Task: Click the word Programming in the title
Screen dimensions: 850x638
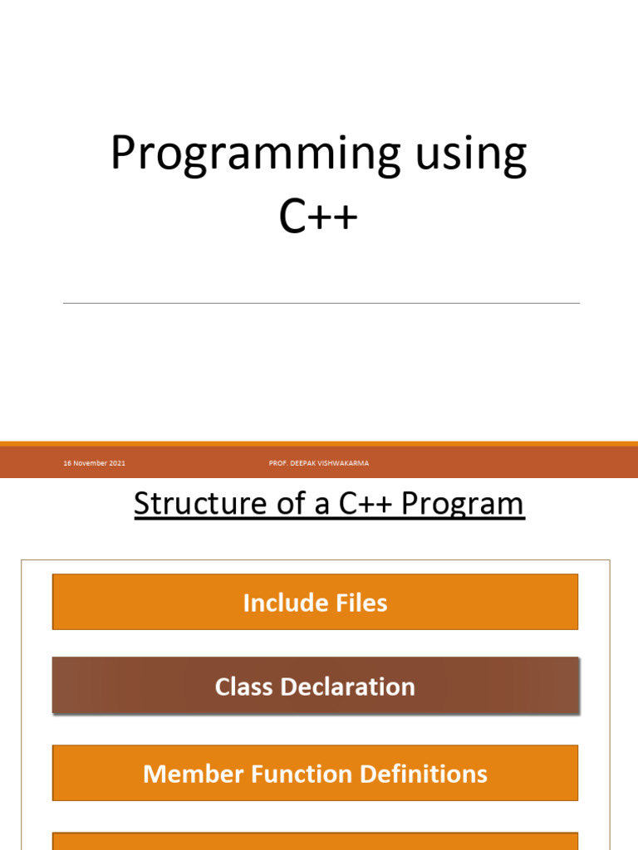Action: pos(240,154)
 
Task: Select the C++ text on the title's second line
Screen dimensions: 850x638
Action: pos(318,217)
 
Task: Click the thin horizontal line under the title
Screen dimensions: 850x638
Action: pos(321,303)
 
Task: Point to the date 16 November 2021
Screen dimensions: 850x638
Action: pos(94,463)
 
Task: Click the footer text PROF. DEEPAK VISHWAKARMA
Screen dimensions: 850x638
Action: pos(319,463)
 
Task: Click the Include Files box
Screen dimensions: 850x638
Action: pos(315,602)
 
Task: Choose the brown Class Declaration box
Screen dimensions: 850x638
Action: pos(315,686)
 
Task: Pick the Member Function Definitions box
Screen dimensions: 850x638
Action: pos(315,774)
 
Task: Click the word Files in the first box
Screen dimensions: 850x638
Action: pos(362,603)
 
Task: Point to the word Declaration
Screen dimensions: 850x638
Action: pos(348,687)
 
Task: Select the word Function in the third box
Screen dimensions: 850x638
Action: pos(297,774)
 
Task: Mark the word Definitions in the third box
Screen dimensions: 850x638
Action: pos(425,774)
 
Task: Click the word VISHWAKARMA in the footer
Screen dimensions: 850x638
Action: pos(344,463)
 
